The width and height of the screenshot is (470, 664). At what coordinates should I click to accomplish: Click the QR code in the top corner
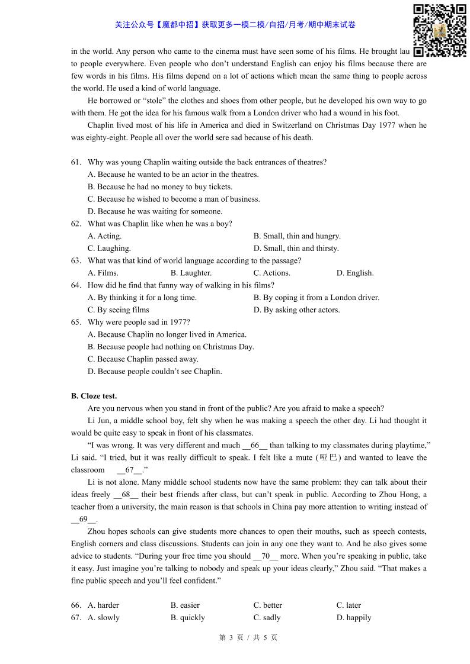tap(439, 30)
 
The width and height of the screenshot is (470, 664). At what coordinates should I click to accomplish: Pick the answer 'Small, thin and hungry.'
tap(297, 236)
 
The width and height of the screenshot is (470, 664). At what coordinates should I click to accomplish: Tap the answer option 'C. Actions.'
tap(272, 273)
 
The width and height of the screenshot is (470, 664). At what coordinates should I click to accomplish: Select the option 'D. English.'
tap(355, 273)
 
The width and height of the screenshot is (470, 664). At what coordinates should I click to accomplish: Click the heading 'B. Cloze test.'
tap(94, 396)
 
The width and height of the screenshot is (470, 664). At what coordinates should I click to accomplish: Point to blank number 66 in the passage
tap(255, 445)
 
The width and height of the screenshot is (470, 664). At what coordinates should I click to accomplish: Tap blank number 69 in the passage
tap(84, 519)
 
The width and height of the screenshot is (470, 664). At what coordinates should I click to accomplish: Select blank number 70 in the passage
tap(266, 556)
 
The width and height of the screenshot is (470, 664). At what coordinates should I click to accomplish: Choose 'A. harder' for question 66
tap(103, 605)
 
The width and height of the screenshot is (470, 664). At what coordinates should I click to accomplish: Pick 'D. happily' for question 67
tap(354, 618)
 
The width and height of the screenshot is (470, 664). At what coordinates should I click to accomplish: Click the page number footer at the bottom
tap(248, 638)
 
